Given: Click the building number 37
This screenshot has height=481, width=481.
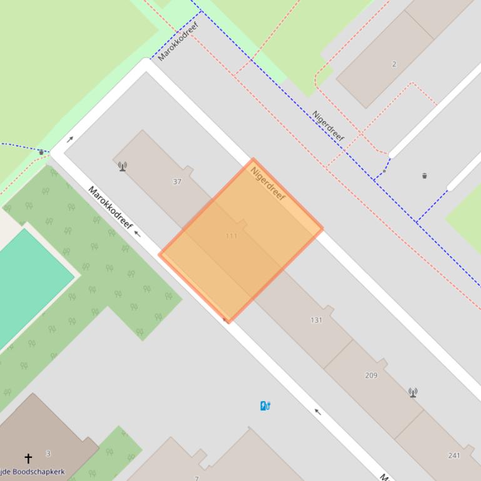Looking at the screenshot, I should (x=177, y=182).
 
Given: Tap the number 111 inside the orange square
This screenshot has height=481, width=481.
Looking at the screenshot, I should (x=231, y=236).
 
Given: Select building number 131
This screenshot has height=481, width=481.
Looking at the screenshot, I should (x=316, y=320).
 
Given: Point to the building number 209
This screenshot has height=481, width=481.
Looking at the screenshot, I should (x=371, y=375).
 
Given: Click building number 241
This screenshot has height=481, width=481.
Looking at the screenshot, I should (x=454, y=455).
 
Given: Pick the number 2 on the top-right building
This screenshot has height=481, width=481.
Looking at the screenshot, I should (x=394, y=64).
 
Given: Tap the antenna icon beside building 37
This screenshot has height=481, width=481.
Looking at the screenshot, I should (x=123, y=166).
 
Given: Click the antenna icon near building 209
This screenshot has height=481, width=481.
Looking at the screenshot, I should (x=413, y=392).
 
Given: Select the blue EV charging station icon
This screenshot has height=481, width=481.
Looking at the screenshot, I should (x=265, y=406).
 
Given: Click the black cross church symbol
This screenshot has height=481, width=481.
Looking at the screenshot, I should (x=28, y=459).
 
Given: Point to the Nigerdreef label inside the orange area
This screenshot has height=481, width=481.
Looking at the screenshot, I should (x=268, y=183).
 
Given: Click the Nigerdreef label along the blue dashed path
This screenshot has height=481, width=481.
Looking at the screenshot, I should (x=329, y=126).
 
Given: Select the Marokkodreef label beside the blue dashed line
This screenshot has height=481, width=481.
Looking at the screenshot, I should (x=178, y=41).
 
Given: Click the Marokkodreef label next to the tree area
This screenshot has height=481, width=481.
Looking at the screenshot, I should (x=110, y=207).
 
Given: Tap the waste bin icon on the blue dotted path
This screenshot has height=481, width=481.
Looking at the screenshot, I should (x=41, y=152).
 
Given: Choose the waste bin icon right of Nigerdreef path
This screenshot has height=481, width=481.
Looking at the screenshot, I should (x=425, y=176).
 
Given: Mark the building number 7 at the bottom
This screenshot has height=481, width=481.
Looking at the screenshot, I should (x=196, y=478).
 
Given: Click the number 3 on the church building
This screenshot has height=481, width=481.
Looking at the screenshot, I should (x=48, y=454).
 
